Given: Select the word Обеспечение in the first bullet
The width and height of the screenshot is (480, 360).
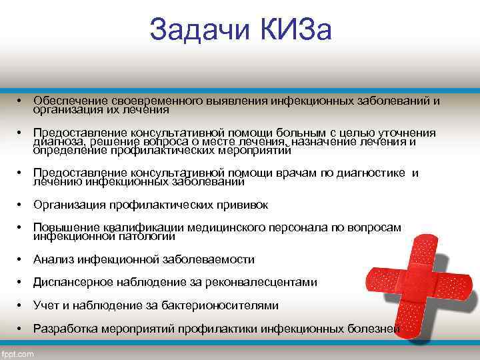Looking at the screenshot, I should click(71, 101).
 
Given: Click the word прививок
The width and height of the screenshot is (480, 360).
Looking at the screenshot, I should click(241, 205).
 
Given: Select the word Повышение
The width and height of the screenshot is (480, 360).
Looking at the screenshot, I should click(68, 228).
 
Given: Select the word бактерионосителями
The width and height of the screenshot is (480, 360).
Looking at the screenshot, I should click(221, 305).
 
